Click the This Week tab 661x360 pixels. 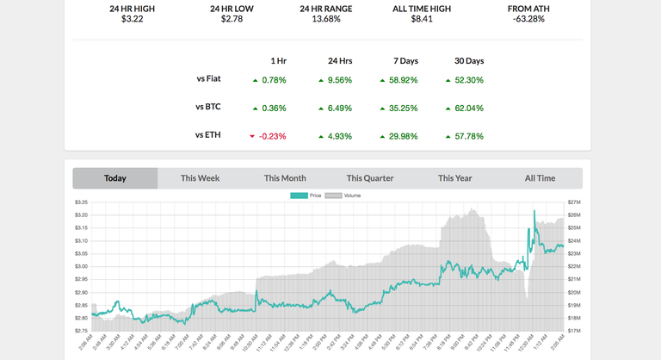pos(200,178)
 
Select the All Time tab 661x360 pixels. pos(540,178)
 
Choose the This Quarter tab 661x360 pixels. pos(370,178)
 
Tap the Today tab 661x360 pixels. pos(115,178)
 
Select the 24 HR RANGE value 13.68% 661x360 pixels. pos(326,18)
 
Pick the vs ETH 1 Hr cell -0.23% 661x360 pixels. pos(273,136)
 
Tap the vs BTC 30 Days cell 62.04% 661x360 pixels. pos(469,109)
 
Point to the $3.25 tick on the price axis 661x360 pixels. pos(81,202)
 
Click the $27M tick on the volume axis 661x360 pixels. pos(573,202)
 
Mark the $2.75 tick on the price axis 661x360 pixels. pos(81,331)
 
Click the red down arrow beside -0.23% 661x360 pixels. pos(252,136)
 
